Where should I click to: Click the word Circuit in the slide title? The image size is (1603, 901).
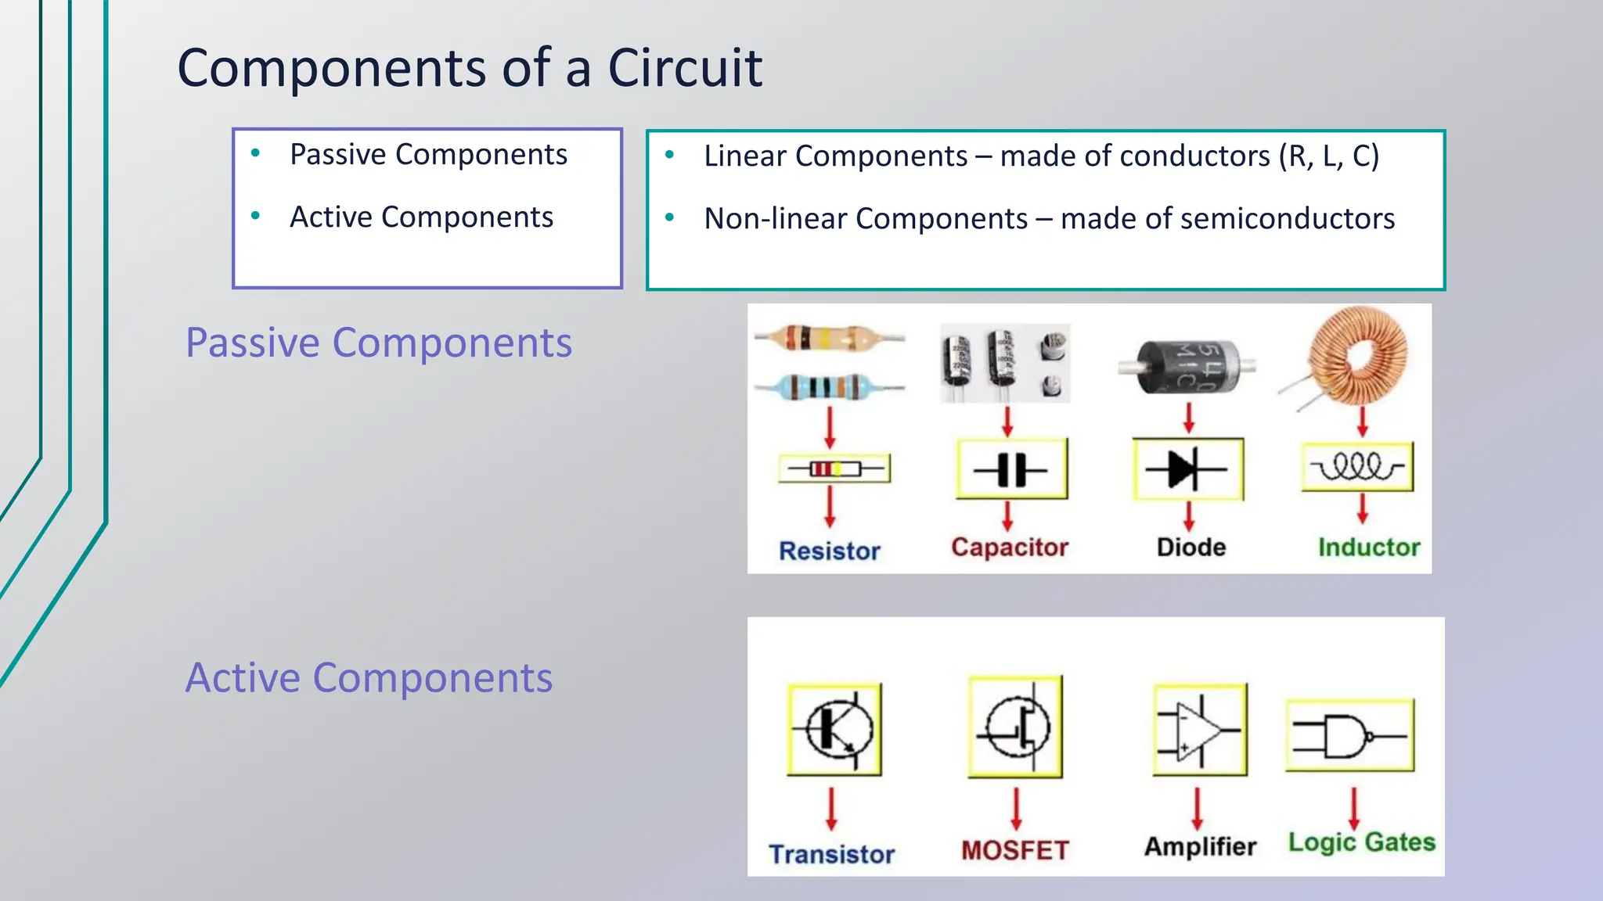(x=685, y=68)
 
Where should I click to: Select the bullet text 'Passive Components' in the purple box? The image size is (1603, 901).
(x=428, y=155)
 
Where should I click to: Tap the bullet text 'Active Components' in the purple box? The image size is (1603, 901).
(x=421, y=217)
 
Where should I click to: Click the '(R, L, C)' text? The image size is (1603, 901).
(x=1328, y=156)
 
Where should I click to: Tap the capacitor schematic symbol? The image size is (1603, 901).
(x=1011, y=470)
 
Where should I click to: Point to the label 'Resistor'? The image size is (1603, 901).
(x=830, y=551)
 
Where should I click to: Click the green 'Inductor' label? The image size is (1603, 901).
(x=1369, y=547)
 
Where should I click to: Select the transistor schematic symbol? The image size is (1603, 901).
(x=834, y=729)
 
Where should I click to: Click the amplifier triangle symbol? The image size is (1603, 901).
(x=1200, y=730)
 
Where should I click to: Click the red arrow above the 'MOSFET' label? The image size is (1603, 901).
(x=1016, y=808)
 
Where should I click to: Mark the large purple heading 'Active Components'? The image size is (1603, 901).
(x=369, y=678)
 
